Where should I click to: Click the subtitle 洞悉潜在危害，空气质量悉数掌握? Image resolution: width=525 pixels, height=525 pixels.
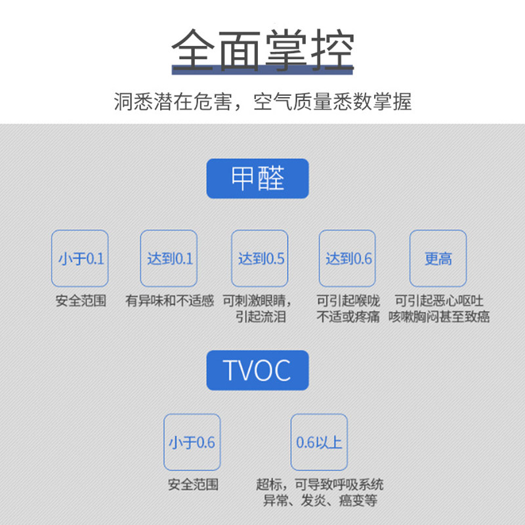pos(262,102)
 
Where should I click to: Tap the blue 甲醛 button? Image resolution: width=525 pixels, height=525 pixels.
pos(257,178)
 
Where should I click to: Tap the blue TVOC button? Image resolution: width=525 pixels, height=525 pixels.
pos(257,370)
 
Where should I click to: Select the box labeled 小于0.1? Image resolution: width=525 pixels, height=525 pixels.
pos(80,259)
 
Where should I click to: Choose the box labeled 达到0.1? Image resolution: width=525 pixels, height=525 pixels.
pos(169,259)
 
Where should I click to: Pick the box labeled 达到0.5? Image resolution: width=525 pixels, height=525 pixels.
pos(260,259)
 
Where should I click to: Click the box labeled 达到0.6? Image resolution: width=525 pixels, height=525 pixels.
pos(348,259)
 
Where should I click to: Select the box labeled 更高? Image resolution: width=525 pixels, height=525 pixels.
pos(438,259)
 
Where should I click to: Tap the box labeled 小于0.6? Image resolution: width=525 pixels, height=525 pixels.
pos(192,442)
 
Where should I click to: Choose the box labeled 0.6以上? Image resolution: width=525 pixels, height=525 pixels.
pos(319,442)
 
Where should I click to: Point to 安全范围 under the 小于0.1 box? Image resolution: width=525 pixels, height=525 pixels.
pos(80,302)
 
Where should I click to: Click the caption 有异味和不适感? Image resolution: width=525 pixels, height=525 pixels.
pos(169,302)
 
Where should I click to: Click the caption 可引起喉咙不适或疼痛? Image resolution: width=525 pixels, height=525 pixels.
pos(348,309)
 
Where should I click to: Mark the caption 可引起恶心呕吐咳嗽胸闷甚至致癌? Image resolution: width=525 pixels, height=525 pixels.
pos(438,309)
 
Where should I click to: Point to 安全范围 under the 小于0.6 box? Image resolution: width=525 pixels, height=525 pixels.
pos(192,486)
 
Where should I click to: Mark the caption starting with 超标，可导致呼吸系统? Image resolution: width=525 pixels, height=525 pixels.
pos(320,493)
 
